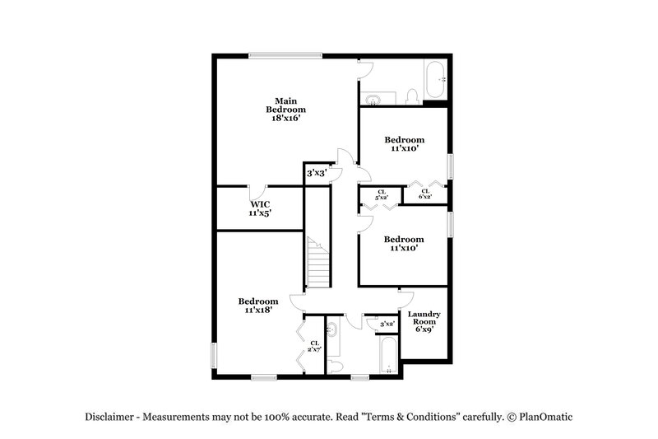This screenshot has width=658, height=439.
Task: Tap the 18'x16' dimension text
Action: (285, 119)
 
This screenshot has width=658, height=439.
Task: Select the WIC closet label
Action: (260, 203)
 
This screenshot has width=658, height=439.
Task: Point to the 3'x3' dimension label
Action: (317, 174)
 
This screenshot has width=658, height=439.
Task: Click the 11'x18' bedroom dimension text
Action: (258, 311)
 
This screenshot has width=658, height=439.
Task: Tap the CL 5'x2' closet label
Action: (381, 195)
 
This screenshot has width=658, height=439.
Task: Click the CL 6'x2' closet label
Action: (425, 195)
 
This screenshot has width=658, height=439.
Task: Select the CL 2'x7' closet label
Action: (314, 346)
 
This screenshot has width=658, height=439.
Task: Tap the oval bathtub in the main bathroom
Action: (434, 81)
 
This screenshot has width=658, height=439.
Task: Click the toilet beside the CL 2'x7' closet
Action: (334, 366)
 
